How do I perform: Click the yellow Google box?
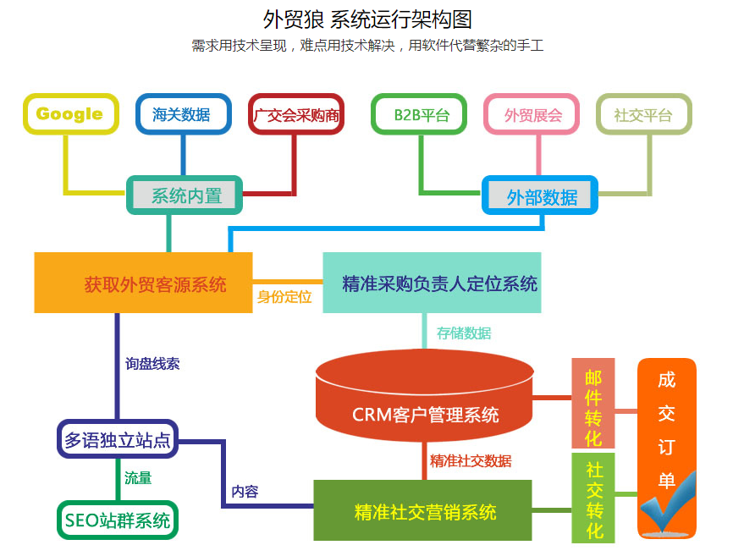tap(70, 114)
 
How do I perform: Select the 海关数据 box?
tap(182, 114)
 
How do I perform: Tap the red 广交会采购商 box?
tap(295, 115)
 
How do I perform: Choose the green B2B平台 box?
tap(418, 115)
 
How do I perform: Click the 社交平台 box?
tap(642, 115)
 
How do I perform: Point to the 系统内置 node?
tap(185, 195)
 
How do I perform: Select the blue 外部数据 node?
tap(541, 196)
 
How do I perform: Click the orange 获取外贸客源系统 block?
tap(144, 284)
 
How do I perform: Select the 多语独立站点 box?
tap(118, 439)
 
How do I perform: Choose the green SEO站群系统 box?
tap(117, 518)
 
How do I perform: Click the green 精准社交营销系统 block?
tap(423, 511)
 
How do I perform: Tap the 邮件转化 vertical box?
tap(593, 407)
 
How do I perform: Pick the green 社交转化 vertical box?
tap(593, 498)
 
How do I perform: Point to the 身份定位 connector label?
tap(284, 297)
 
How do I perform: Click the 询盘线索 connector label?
tap(152, 364)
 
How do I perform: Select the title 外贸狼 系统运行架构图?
tap(367, 19)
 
